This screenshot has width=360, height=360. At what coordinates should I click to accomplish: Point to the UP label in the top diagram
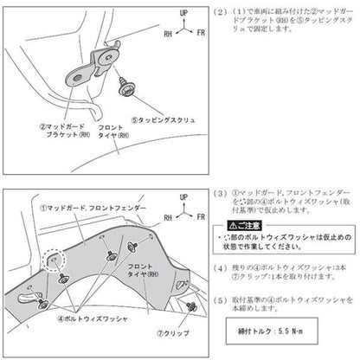click(183, 16)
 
